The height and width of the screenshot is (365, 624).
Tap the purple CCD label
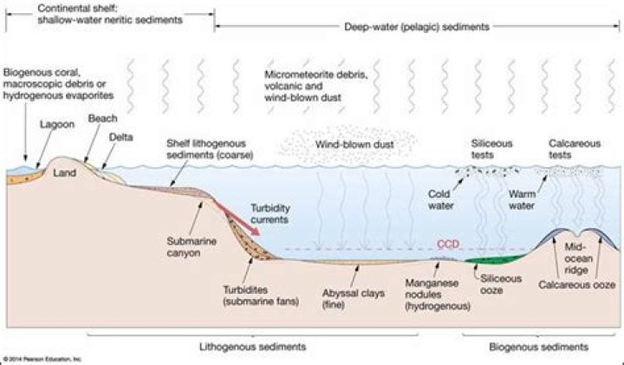447,244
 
